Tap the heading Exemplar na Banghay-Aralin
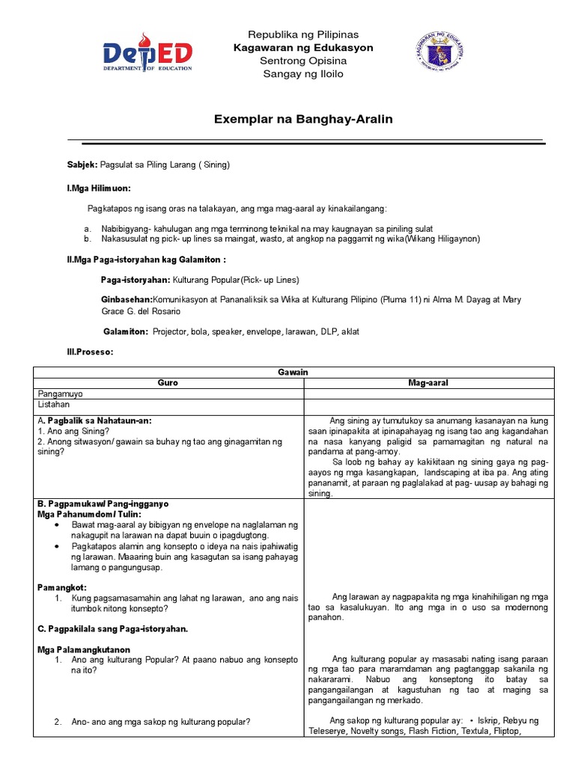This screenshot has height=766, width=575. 303,119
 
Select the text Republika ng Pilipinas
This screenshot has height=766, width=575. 303,35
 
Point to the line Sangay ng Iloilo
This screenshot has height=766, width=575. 303,73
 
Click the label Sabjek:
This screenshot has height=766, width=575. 83,165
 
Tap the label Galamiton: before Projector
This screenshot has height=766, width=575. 126,331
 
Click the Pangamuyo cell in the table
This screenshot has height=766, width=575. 60,393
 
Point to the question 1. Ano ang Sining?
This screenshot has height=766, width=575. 73,431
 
